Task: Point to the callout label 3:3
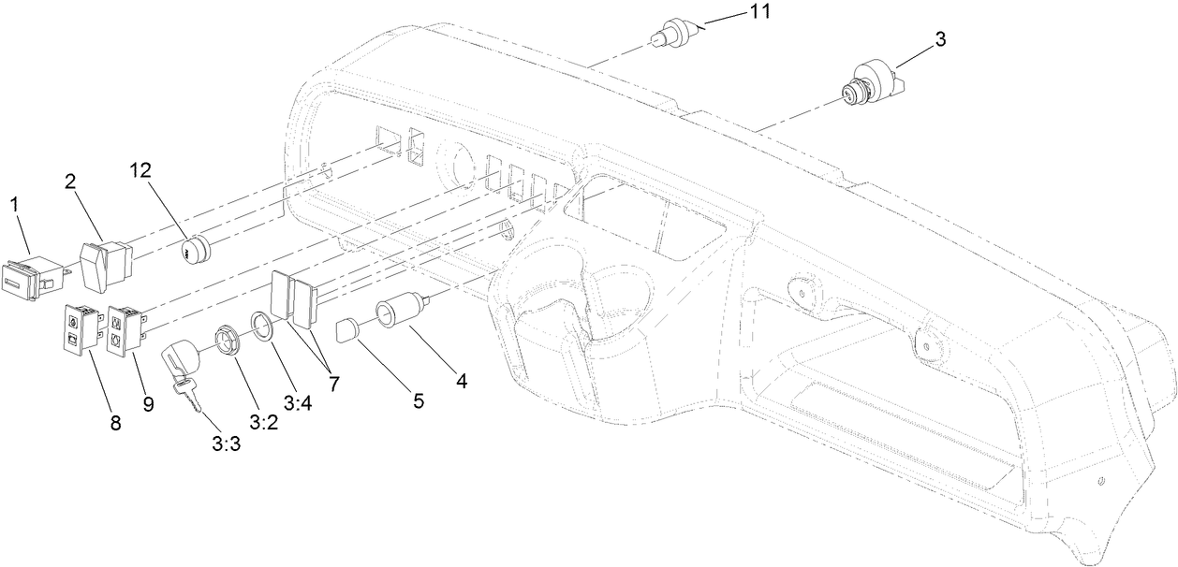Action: pyautogui.click(x=227, y=443)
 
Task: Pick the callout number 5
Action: pyautogui.click(x=418, y=400)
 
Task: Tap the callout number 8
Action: pyautogui.click(x=116, y=423)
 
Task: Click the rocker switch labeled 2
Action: pyautogui.click(x=104, y=263)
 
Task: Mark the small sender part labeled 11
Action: pyautogui.click(x=673, y=33)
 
